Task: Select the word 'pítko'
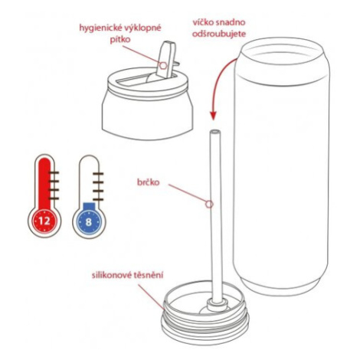[x=120, y=40]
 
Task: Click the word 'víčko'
[x=203, y=22]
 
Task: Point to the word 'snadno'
[x=231, y=22]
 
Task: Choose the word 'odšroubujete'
[x=219, y=34]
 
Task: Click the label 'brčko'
[x=149, y=182]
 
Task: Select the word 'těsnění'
[x=148, y=276]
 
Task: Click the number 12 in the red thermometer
[x=44, y=221]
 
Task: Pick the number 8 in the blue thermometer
[x=88, y=222]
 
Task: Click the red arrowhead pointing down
[x=214, y=116]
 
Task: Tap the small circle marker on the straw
[x=209, y=204]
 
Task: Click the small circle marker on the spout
[x=163, y=66]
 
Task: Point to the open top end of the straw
[x=215, y=132]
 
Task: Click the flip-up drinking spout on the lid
[x=166, y=59]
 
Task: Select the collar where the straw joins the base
[x=217, y=304]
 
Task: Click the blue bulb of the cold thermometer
[x=88, y=221]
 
